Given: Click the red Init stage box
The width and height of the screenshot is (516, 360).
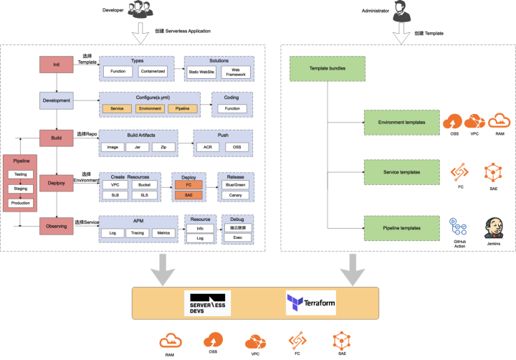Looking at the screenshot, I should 57,65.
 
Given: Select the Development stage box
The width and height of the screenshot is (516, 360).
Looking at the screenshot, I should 57,100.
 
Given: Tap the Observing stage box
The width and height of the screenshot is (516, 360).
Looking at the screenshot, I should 57,226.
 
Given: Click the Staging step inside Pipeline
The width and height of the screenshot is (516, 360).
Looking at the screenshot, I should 20,189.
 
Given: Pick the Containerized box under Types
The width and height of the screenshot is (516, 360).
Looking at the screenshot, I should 151,72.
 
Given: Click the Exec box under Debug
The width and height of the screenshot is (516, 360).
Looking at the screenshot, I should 237,237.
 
